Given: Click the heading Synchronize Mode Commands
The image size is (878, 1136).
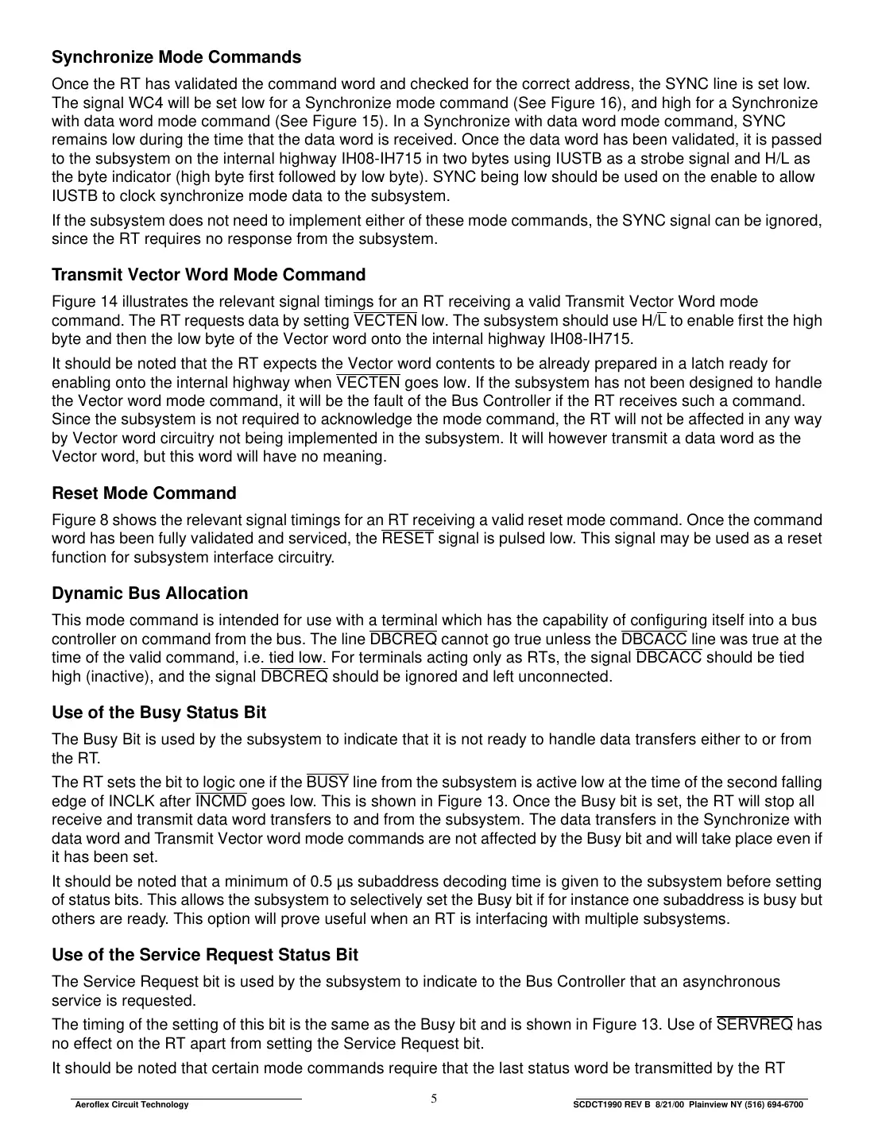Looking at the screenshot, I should click(176, 57).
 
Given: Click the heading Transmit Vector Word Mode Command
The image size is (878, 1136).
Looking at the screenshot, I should click(208, 275).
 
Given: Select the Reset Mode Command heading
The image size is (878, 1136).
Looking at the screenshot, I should click(144, 493).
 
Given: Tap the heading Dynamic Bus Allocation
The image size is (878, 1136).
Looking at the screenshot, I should click(149, 593).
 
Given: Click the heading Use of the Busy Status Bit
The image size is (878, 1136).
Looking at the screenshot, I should click(159, 713).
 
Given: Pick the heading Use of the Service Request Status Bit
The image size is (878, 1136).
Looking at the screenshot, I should click(204, 955).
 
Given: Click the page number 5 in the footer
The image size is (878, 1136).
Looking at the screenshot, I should click(434, 1099).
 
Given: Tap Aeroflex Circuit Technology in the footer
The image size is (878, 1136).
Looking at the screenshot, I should click(131, 1105).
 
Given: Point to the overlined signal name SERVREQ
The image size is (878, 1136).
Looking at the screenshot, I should click(754, 1025).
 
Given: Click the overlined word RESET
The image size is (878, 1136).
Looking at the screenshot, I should click(408, 539).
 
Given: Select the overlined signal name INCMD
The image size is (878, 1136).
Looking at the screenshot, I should click(221, 801).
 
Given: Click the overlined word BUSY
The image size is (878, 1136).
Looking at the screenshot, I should click(327, 782).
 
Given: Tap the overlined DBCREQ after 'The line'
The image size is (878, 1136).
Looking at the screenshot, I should click(403, 639).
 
